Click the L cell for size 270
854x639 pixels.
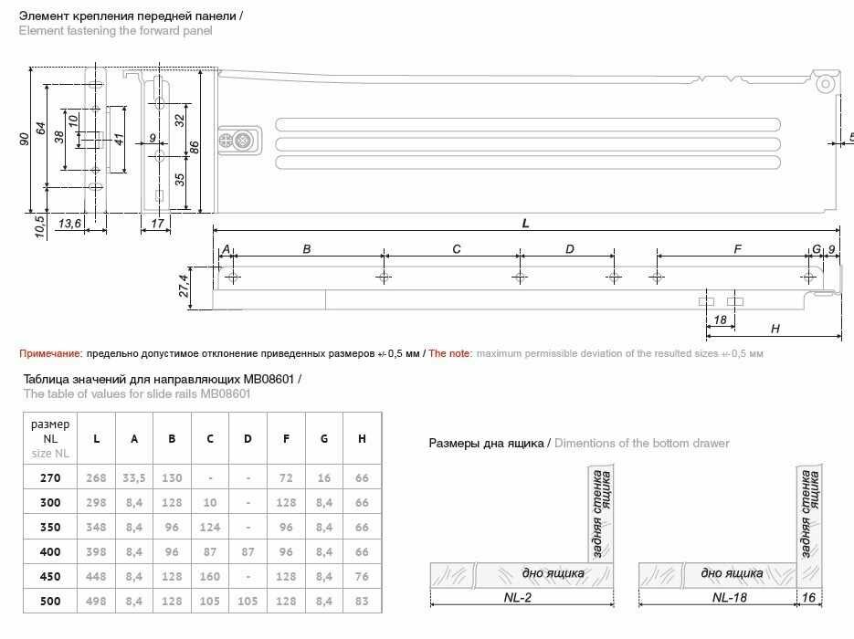[96, 477]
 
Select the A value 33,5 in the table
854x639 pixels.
[134, 477]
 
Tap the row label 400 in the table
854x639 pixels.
[50, 553]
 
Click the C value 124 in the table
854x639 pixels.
[210, 528]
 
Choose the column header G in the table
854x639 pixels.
[324, 439]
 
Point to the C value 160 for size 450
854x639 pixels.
[210, 578]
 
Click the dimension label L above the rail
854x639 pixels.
[526, 224]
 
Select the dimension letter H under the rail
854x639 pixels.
[775, 329]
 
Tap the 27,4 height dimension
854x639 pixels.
[184, 286]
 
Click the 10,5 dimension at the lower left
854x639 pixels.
[40, 224]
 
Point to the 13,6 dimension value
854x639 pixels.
[69, 224]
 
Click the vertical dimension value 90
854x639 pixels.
[25, 139]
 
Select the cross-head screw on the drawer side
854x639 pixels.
[243, 141]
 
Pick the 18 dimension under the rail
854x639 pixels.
[720, 319]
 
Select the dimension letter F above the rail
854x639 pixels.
[737, 248]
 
